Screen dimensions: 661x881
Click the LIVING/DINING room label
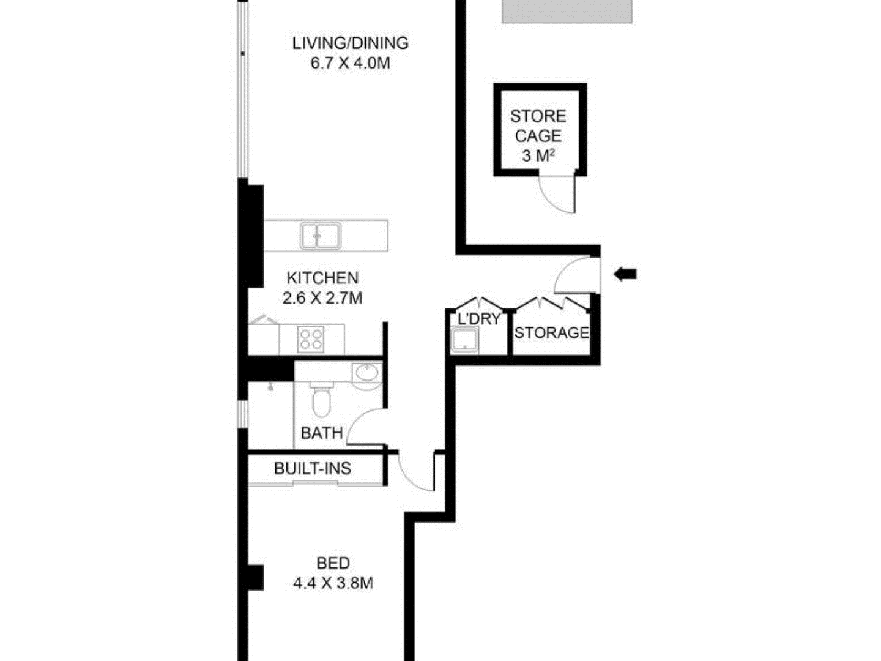(x=350, y=43)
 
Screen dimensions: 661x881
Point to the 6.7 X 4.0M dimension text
(x=350, y=63)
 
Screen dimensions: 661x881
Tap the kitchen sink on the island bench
(x=320, y=236)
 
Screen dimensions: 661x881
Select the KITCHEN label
(x=322, y=278)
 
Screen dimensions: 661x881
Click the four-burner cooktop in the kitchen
(x=311, y=339)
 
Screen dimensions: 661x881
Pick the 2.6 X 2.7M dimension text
(x=322, y=298)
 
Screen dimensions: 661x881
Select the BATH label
(x=322, y=433)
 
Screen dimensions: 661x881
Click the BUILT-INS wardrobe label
(x=313, y=469)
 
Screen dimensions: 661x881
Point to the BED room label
(x=333, y=563)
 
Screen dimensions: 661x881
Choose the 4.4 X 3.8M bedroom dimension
(x=333, y=583)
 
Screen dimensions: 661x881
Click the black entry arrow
(x=625, y=274)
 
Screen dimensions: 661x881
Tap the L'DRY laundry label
(x=479, y=319)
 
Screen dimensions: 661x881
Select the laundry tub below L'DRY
(x=464, y=340)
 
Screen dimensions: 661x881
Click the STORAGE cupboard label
(x=551, y=333)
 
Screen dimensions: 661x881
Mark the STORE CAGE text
(x=538, y=125)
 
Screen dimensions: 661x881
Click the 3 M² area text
(x=538, y=155)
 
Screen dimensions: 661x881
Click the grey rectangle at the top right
(x=567, y=11)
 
